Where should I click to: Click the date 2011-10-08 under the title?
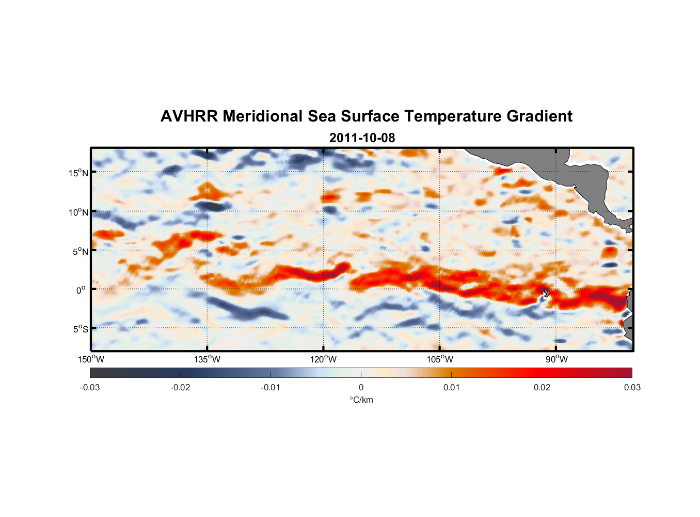362,138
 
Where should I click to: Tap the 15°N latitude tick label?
78,173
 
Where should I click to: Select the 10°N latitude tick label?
78,212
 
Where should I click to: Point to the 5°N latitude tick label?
81,251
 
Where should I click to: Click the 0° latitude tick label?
81,291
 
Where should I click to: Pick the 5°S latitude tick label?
81,329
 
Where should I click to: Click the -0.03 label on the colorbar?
90,388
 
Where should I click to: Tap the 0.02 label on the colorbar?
542,388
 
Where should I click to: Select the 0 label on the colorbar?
361,388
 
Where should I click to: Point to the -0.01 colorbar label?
271,388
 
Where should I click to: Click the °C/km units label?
361,400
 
